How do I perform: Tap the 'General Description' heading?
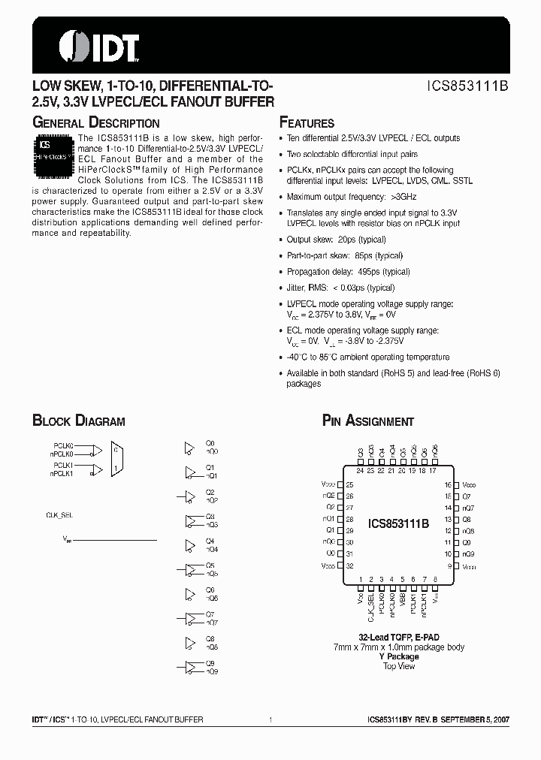point(95,123)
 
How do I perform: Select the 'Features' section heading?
point(307,123)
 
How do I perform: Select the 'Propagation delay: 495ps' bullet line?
point(348,272)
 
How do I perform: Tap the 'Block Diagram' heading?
point(78,421)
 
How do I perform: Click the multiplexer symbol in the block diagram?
point(116,458)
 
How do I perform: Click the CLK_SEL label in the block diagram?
point(61,514)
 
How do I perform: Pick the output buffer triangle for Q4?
point(189,544)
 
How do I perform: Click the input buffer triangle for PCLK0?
point(95,451)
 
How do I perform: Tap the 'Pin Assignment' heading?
point(367,421)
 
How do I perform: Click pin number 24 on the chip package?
point(360,471)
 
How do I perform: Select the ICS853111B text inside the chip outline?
point(398,524)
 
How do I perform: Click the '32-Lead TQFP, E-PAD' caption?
point(398,637)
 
